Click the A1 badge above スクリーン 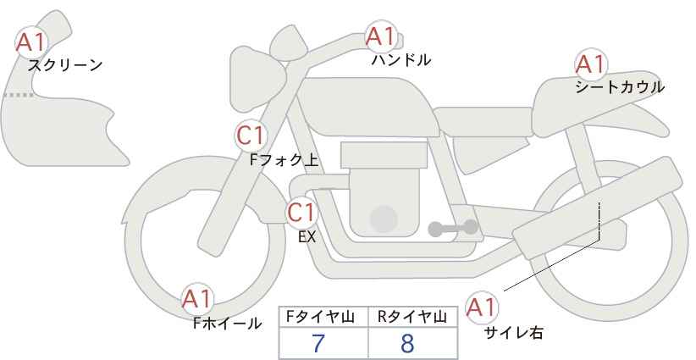[31, 42]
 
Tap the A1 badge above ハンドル [380, 36]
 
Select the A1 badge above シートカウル [590, 64]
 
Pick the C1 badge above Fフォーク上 [251, 136]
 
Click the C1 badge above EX [301, 213]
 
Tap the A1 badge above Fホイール [197, 299]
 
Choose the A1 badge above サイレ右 [482, 307]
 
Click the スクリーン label [65, 66]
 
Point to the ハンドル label [400, 59]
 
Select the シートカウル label [620, 87]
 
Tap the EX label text [307, 237]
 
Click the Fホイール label [227, 324]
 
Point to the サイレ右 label [514, 333]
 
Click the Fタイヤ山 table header [320, 317]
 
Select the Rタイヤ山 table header [412, 317]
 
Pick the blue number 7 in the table [318, 343]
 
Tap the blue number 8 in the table [406, 343]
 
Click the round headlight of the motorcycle [257, 79]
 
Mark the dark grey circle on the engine [384, 219]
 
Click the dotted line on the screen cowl [18, 95]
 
